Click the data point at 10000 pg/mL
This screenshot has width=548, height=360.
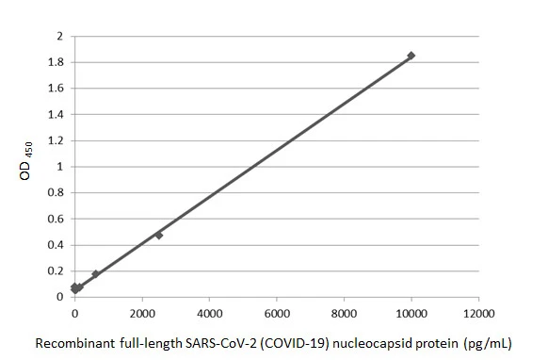[411, 56]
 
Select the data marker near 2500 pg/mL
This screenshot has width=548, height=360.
[159, 235]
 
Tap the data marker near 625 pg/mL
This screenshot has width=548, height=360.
[95, 274]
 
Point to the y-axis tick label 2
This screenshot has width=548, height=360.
[59, 37]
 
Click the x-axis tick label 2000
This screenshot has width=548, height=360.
[142, 312]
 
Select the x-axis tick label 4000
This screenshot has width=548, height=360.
[209, 312]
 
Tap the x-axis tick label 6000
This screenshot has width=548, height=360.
[277, 312]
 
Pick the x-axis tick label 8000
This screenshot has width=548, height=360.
[344, 312]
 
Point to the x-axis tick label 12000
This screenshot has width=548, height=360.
[478, 312]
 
